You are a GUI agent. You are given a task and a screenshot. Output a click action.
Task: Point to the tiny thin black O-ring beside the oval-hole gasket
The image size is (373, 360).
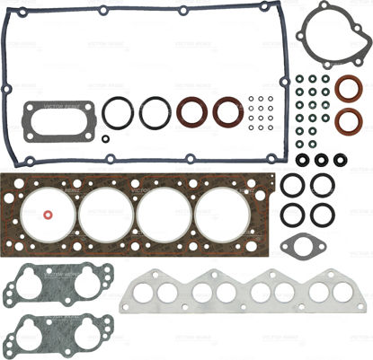tap(104, 138)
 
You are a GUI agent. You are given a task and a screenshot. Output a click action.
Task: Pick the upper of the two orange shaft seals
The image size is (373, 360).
tap(347, 91)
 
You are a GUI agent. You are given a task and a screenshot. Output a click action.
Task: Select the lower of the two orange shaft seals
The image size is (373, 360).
tap(347, 122)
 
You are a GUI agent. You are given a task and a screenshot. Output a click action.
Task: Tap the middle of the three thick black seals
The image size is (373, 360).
tap(321, 160)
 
